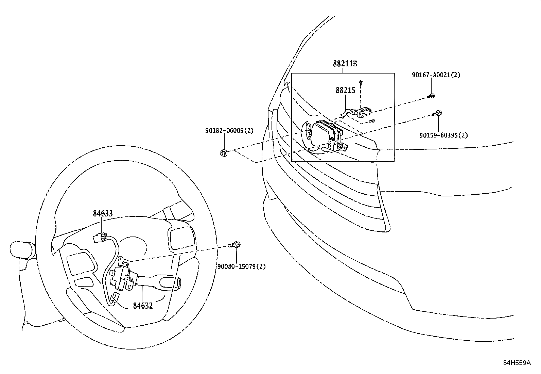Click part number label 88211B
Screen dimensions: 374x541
click(345, 63)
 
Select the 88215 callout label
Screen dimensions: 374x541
click(345, 90)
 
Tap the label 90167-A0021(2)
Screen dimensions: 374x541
click(436, 75)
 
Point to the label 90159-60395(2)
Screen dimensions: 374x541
click(443, 135)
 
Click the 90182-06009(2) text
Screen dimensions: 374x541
click(229, 130)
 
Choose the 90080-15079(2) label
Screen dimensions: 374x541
click(241, 266)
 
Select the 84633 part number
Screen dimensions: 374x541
click(103, 214)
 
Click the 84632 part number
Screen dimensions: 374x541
click(143, 306)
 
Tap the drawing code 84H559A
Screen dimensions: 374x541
click(517, 363)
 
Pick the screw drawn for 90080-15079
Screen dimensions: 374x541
click(235, 244)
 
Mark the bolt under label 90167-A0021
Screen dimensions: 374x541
click(431, 96)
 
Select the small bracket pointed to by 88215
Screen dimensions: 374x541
click(361, 111)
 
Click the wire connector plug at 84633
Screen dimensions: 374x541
click(100, 236)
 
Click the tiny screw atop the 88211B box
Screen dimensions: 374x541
click(361, 82)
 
